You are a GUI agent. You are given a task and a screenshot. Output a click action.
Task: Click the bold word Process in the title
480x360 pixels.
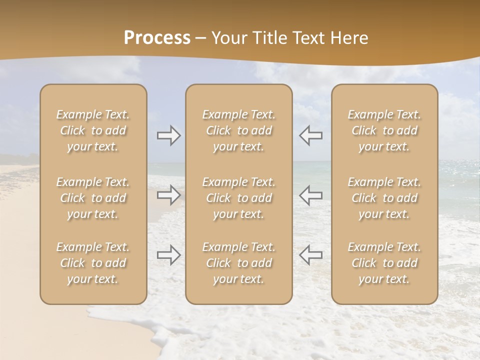click(157, 38)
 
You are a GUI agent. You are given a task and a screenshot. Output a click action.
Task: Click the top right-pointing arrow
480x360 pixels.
click(168, 135)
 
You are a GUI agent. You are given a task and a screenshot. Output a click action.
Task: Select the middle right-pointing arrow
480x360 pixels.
click(168, 195)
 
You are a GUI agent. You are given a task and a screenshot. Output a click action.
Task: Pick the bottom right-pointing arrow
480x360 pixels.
click(168, 255)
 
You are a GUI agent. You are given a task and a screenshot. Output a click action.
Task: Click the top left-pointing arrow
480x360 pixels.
click(310, 135)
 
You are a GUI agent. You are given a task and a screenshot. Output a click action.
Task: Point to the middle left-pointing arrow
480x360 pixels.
click(310, 195)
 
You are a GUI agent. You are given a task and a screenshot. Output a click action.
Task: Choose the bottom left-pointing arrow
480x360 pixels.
click(310, 255)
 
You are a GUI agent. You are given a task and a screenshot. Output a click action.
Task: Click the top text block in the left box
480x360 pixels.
click(93, 130)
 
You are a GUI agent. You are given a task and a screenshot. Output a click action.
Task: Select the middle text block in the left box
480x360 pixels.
click(93, 198)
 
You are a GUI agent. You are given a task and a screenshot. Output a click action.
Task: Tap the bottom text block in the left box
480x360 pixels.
click(93, 263)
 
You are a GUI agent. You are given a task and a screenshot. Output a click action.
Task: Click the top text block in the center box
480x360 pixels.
click(238, 130)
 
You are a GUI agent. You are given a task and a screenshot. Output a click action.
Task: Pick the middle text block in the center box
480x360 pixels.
click(238, 198)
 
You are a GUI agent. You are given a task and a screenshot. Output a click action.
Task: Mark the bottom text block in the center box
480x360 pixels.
click(238, 263)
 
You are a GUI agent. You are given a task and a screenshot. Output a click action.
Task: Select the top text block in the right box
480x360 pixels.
click(384, 130)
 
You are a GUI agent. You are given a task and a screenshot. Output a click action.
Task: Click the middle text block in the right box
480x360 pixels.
click(384, 198)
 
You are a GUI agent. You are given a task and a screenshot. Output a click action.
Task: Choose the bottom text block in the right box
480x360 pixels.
click(384, 263)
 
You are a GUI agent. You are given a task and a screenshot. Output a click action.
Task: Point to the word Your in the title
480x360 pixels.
click(229, 38)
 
